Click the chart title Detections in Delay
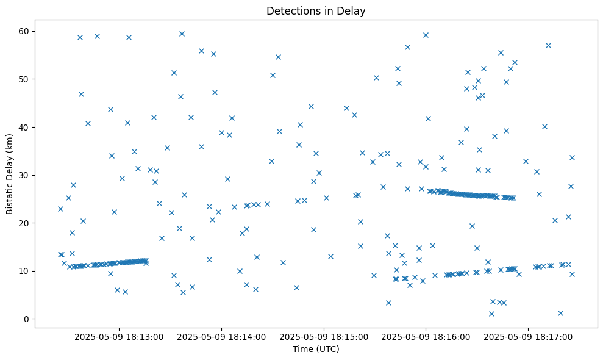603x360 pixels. tap(316, 10)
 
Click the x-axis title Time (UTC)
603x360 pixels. tap(316, 350)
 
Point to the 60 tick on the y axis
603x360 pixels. tap(24, 31)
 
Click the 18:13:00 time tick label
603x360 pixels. tap(120, 336)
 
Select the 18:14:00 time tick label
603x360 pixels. tap(222, 336)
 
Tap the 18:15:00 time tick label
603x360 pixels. tap(324, 336)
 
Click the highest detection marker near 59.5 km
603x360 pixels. tap(182, 34)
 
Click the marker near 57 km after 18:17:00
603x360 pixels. tap(548, 45)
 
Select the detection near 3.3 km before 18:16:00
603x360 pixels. tap(388, 303)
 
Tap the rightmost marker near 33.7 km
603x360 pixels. tap(572, 157)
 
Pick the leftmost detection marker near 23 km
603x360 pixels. tap(60, 209)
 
